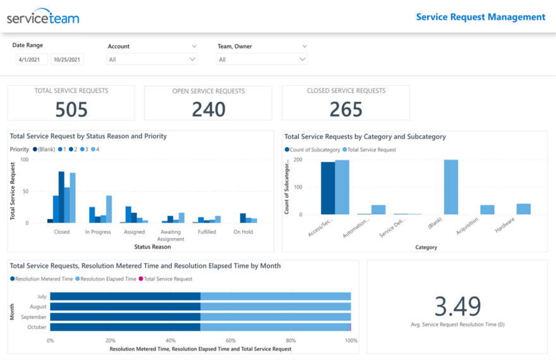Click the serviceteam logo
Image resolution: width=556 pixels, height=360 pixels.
pyautogui.click(x=43, y=17)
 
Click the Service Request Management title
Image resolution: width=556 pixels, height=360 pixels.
pyautogui.click(x=480, y=17)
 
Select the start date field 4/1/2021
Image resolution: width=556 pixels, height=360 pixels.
pyautogui.click(x=32, y=60)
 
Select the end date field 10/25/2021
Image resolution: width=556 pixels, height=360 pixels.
pyautogui.click(x=67, y=60)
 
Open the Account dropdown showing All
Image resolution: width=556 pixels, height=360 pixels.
pyautogui.click(x=152, y=59)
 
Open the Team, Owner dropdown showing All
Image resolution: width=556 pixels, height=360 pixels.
pyautogui.click(x=262, y=59)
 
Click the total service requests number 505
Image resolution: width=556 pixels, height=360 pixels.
pyautogui.click(x=71, y=110)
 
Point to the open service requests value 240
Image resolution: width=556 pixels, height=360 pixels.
pyautogui.click(x=208, y=110)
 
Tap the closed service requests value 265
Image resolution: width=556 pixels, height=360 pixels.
pyautogui.click(x=346, y=110)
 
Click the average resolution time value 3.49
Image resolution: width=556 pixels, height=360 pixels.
pyautogui.click(x=457, y=306)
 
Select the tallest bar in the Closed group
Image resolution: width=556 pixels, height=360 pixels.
pyautogui.click(x=61, y=197)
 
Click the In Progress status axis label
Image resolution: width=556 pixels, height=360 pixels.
pyautogui.click(x=98, y=232)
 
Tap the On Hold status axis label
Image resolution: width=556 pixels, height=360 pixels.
pyautogui.click(x=243, y=232)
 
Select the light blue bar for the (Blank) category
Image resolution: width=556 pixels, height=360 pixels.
pyautogui.click(x=451, y=187)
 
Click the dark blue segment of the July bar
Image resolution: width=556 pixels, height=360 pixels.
pyautogui.click(x=125, y=296)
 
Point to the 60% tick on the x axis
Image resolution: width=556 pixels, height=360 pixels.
pyautogui.click(x=231, y=340)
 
